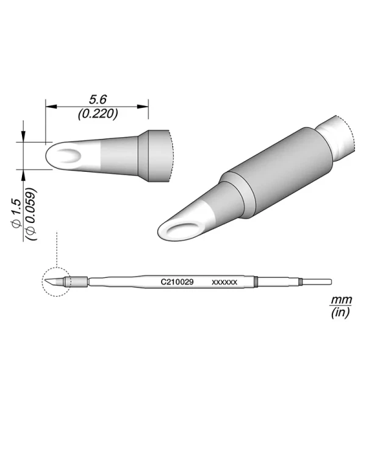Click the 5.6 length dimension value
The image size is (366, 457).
98,100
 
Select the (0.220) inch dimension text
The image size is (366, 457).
98,114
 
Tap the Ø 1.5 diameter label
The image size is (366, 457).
16,213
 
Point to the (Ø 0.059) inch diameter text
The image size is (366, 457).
31,214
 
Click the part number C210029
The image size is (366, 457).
177,282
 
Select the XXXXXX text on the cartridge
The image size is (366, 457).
224,282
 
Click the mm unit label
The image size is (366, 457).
341,299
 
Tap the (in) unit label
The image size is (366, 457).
340,313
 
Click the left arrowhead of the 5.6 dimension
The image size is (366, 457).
51,107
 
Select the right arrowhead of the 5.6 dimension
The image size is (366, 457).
143,107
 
